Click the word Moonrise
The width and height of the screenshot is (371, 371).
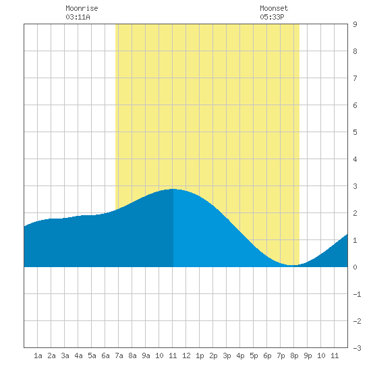82,8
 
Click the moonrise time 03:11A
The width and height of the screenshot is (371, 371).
78,17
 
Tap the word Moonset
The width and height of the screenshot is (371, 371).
274,8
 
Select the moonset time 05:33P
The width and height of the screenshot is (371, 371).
272,17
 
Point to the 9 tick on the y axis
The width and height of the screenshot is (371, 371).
355,24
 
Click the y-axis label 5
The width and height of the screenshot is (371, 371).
355,132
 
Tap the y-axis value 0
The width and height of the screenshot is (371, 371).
355,267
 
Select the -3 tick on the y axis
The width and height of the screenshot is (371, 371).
357,348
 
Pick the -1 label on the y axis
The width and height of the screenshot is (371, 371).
357,294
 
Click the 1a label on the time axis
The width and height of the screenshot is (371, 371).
38,355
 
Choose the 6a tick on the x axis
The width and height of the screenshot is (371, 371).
105,355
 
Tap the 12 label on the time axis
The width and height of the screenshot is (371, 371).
186,355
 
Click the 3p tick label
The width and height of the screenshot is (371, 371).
227,355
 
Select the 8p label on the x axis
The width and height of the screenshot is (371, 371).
294,355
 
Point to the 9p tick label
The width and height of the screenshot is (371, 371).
308,355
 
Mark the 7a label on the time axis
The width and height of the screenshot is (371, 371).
119,355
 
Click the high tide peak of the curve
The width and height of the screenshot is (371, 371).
173,189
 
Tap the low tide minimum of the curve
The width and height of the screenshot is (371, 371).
293,265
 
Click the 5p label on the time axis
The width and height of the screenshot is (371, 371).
254,355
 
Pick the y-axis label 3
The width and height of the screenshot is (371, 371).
355,186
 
